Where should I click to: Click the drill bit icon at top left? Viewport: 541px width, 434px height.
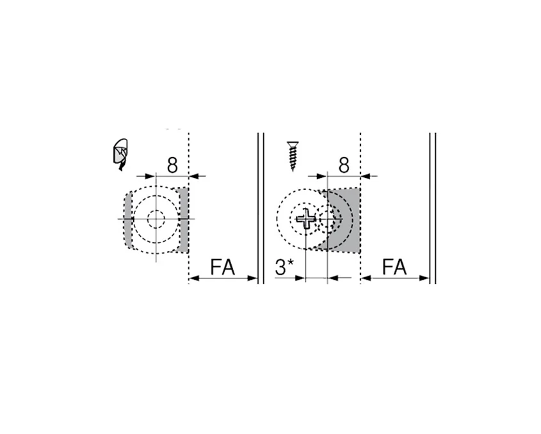click(120, 154)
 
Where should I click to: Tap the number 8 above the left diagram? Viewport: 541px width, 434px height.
click(172, 165)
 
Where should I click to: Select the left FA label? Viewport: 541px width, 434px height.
click(223, 267)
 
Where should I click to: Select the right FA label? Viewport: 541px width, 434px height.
click(395, 267)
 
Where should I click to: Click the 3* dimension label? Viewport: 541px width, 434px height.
click(284, 267)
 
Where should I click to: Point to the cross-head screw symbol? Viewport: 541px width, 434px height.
click(305, 220)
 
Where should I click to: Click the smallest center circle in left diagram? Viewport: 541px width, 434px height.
click(155, 219)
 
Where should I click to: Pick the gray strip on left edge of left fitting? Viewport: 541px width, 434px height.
click(128, 221)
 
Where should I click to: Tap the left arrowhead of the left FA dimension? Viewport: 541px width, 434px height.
click(194, 278)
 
